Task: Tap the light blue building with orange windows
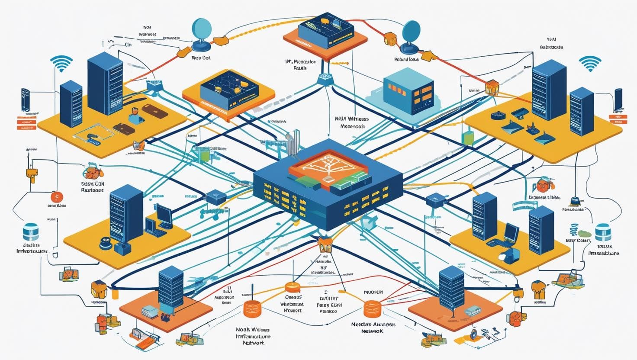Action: pyautogui.click(x=409, y=91)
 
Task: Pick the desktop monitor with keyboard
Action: pyautogui.click(x=164, y=216)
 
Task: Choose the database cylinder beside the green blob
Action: pyautogui.click(x=603, y=232)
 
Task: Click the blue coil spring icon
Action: pyautogui.click(x=574, y=230)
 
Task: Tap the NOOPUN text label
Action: pyautogui.click(x=373, y=292)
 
